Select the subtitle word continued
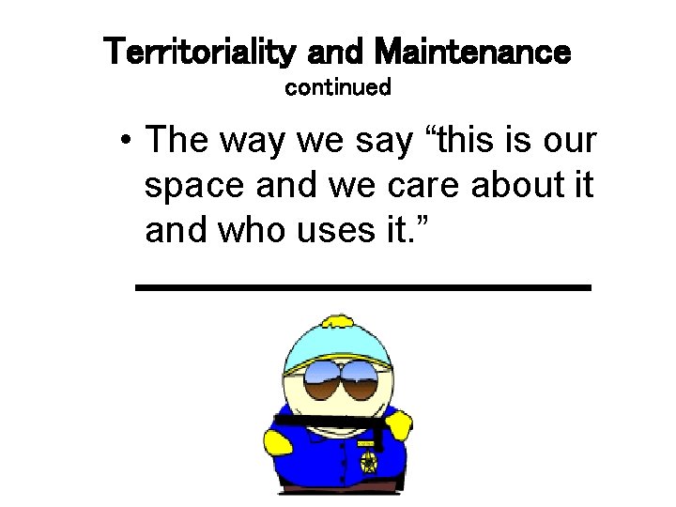tap(337, 88)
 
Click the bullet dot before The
tap(127, 143)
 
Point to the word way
tap(255, 141)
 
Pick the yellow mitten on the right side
tap(399, 425)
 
